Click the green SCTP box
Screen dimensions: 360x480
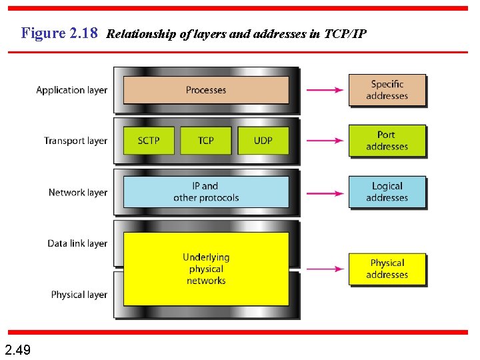[149, 141]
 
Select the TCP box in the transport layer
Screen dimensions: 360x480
[206, 141]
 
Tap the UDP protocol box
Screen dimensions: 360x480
[263, 141]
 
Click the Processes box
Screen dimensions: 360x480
[206, 90]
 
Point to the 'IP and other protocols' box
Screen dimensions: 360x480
[206, 192]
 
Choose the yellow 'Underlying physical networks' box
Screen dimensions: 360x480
[206, 269]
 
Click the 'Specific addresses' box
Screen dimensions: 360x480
[387, 90]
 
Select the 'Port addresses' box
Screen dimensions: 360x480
[387, 141]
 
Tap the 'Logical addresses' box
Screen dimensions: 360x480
[387, 192]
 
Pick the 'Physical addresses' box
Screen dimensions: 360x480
[387, 269]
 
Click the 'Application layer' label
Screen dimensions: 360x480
[71, 90]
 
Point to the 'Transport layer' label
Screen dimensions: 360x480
[75, 141]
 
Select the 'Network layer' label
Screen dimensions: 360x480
[77, 193]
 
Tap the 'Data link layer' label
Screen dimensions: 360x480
[77, 243]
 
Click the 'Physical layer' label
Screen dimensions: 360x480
[79, 295]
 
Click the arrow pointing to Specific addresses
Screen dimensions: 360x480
[325, 90]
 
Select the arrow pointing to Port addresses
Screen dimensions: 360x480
[325, 141]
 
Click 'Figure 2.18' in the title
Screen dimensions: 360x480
[59, 33]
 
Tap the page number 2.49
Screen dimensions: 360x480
[17, 349]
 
